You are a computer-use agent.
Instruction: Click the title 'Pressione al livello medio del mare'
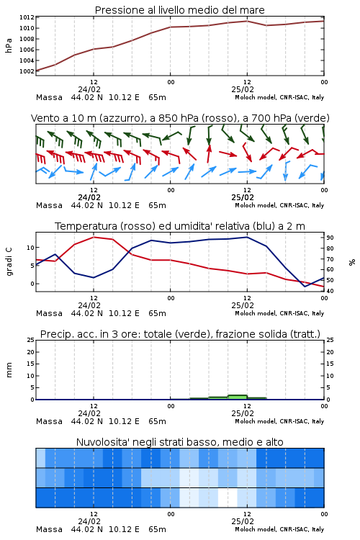[x=179, y=10]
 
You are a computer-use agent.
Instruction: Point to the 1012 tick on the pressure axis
[x=27, y=17]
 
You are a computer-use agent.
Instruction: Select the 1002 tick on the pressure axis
[x=27, y=71]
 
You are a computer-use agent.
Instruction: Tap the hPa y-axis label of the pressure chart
[x=9, y=45]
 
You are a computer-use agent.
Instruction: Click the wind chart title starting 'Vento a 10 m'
[x=180, y=118]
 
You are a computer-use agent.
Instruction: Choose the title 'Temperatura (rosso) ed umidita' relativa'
[x=180, y=226]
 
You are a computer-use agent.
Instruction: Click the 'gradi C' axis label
[x=9, y=262]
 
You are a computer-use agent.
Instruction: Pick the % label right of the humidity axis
[x=352, y=262]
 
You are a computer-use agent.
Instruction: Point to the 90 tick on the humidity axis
[x=330, y=238]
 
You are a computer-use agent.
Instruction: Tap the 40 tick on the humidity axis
[x=330, y=291]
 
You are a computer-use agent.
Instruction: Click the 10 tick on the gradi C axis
[x=30, y=248]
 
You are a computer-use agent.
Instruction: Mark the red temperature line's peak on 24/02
[x=94, y=237]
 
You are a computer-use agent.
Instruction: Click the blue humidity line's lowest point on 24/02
[x=94, y=278]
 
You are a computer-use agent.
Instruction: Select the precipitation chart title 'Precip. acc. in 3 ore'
[x=180, y=334]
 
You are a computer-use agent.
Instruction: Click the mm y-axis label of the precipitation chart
[x=9, y=370]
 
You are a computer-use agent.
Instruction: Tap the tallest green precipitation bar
[x=238, y=397]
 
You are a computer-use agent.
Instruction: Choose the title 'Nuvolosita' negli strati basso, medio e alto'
[x=179, y=442]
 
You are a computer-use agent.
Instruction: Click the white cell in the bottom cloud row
[x=228, y=498]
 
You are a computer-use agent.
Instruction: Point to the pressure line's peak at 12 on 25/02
[x=247, y=21]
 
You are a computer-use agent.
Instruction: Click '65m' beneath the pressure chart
[x=157, y=97]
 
